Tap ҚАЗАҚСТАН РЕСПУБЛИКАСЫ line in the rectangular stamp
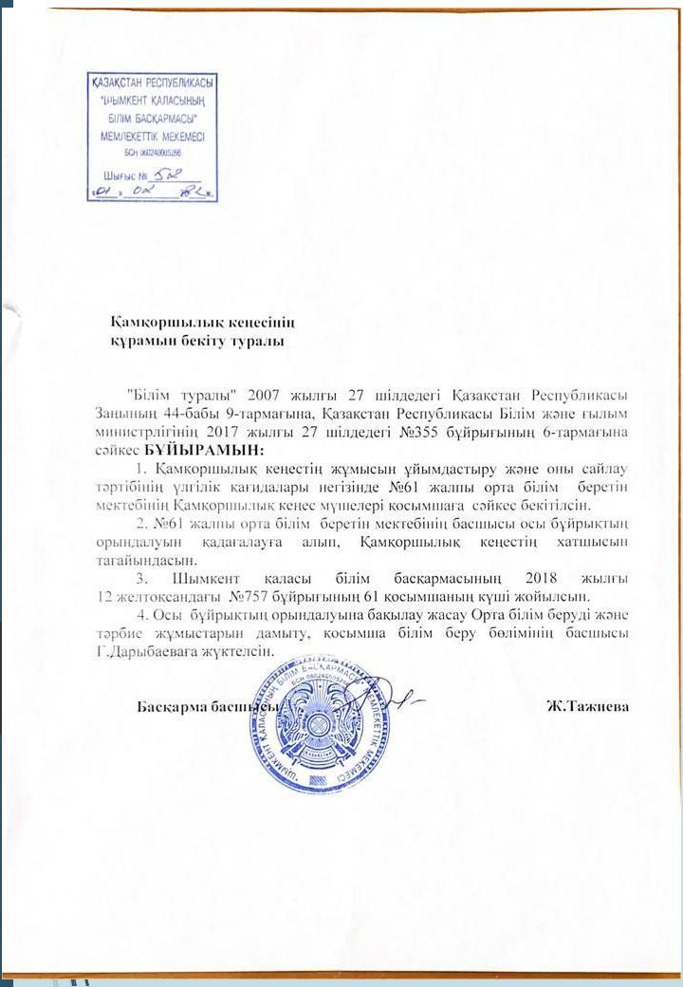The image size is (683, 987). click(x=151, y=83)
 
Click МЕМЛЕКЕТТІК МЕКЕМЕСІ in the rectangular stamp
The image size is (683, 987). click(x=152, y=136)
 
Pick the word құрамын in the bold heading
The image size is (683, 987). click(x=141, y=338)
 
